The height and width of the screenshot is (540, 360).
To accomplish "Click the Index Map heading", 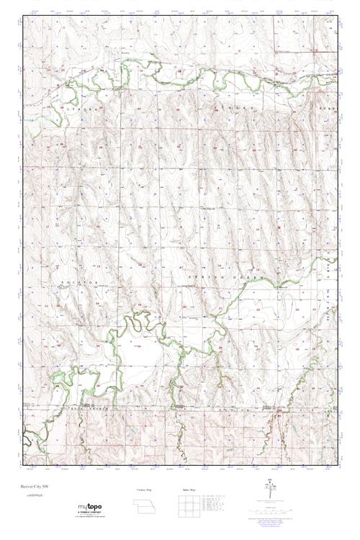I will click(x=189, y=490).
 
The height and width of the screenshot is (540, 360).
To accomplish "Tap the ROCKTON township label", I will click(x=81, y=283).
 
